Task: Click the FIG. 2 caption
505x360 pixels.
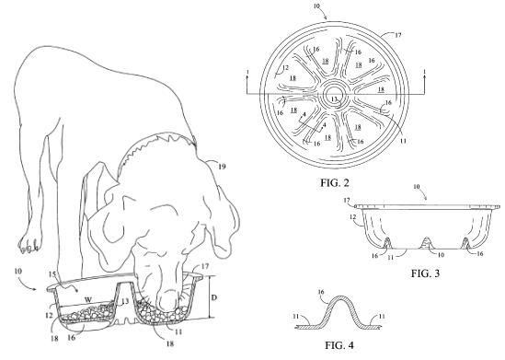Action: tap(334, 182)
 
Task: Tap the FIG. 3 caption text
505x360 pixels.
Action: tap(425, 273)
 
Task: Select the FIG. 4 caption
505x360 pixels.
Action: tap(339, 345)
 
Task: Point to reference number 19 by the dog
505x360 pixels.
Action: tap(222, 167)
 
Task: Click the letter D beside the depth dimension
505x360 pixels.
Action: tap(213, 297)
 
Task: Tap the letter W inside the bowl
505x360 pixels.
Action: tap(88, 300)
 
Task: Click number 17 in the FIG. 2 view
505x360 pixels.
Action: tap(397, 35)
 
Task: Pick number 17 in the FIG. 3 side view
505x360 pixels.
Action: tap(347, 201)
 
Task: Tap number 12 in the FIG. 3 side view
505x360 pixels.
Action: tap(352, 217)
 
